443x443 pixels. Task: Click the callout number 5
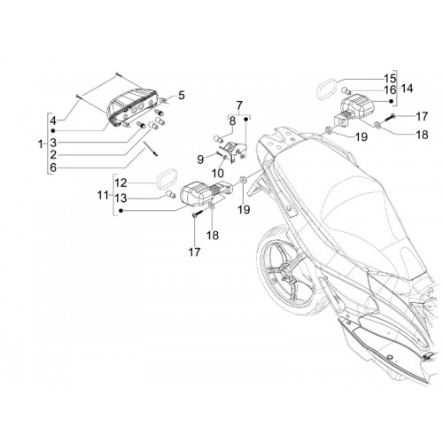182,96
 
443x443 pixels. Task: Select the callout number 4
53,120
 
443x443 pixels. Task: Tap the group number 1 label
41,144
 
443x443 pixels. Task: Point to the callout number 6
53,167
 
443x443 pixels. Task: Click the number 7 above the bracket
239,105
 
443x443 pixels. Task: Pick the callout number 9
200,159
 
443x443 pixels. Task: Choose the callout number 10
218,174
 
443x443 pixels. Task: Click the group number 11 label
103,195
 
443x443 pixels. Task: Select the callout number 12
120,183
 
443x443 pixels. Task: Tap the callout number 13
120,198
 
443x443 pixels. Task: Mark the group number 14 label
408,89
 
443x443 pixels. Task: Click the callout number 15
390,79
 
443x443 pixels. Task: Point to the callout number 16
390,89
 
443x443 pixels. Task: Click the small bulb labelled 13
170,194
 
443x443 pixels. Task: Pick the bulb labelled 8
218,139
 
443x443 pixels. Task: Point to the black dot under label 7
245,119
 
